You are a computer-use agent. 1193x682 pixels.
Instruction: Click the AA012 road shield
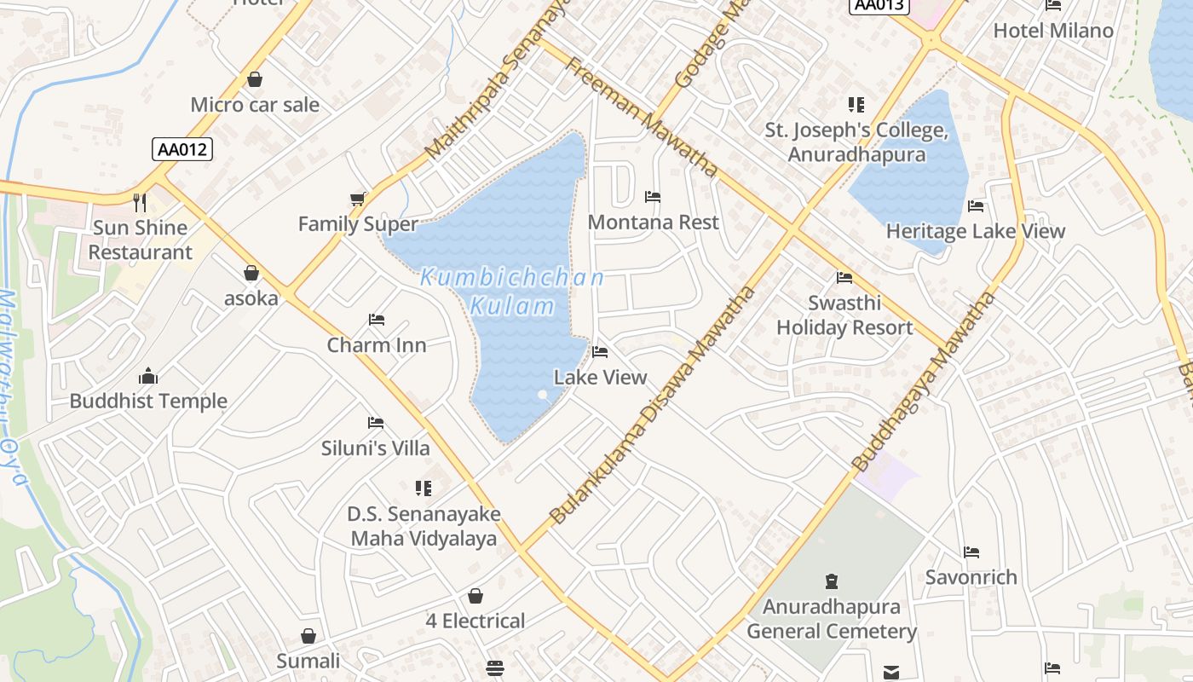click(182, 150)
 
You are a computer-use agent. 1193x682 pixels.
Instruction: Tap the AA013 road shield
click(879, 5)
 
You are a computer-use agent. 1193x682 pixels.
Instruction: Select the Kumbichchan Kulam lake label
click(512, 291)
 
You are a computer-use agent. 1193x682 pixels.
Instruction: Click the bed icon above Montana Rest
click(653, 197)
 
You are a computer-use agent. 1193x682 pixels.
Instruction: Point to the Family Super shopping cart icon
click(358, 199)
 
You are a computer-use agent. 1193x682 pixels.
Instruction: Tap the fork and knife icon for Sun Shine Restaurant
click(140, 203)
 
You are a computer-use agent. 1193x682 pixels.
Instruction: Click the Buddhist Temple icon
click(148, 376)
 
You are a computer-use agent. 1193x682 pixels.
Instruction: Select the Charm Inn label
click(377, 345)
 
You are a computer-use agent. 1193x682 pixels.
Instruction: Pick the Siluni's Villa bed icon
click(376, 423)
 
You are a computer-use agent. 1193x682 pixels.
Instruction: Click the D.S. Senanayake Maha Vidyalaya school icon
click(424, 488)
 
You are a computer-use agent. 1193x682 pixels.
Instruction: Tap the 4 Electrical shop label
click(475, 621)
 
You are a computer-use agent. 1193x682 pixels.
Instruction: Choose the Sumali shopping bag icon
click(308, 637)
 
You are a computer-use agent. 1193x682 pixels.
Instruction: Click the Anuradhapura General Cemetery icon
click(832, 582)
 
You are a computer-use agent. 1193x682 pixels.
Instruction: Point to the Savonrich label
click(971, 577)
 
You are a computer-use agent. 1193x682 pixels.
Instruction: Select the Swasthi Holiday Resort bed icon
click(844, 278)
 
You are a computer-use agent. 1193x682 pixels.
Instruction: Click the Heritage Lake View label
click(976, 231)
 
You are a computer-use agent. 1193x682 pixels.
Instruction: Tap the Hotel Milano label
click(1053, 31)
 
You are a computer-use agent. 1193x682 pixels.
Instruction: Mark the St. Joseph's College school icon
click(856, 105)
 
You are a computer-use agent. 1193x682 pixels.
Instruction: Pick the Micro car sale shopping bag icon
click(254, 80)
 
